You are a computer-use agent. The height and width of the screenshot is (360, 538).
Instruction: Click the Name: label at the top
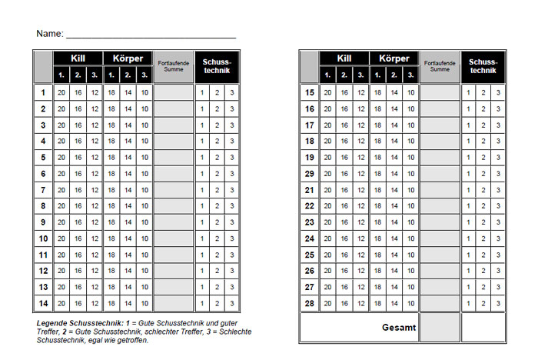click(x=49, y=34)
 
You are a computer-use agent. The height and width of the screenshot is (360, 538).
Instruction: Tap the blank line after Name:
click(x=151, y=35)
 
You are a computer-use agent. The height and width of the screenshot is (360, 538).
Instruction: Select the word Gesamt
click(x=399, y=328)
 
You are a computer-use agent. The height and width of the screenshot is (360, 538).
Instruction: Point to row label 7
click(x=43, y=190)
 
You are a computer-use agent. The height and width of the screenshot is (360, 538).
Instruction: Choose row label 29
click(x=310, y=174)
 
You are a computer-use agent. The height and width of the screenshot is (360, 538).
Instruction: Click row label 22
click(x=310, y=206)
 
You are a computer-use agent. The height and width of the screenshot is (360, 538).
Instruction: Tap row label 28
click(x=310, y=303)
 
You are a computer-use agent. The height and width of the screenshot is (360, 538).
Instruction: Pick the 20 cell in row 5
click(x=61, y=158)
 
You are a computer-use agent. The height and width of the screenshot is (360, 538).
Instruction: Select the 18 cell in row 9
click(x=111, y=222)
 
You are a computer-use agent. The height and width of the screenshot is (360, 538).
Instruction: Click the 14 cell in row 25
click(x=394, y=255)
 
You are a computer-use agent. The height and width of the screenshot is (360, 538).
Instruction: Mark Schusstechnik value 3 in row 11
click(x=232, y=255)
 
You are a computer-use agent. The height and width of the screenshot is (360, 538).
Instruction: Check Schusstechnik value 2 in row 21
click(x=483, y=190)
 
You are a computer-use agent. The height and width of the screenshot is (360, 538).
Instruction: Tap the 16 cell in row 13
click(x=78, y=287)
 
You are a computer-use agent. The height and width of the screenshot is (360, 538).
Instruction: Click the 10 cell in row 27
click(x=410, y=287)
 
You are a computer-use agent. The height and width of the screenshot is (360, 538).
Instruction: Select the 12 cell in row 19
click(x=360, y=158)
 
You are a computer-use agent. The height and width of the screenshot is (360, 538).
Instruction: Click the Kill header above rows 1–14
click(x=78, y=58)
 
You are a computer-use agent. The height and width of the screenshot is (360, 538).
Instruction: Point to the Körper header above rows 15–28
click(x=394, y=58)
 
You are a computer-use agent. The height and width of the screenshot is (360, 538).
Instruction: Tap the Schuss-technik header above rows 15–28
click(x=483, y=66)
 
